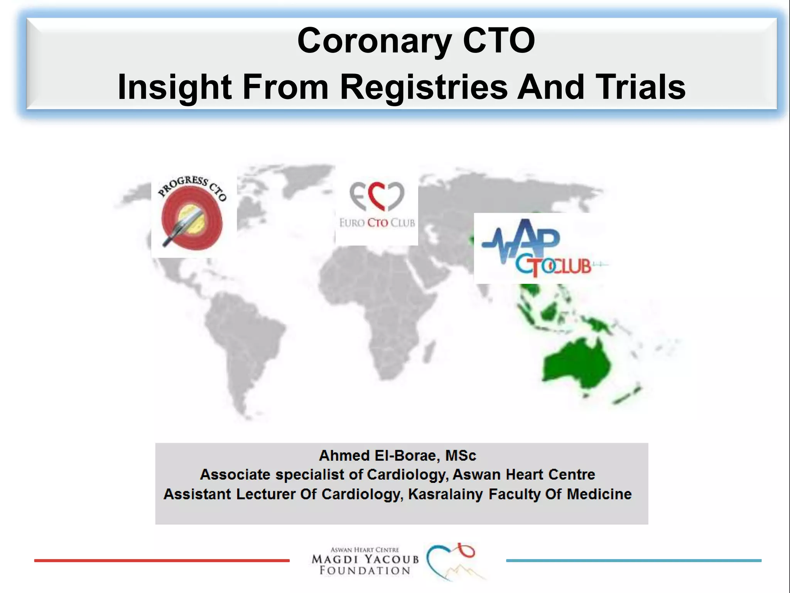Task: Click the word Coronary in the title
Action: point(374,41)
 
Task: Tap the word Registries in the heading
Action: point(423,87)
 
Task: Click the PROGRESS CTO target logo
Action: point(192,217)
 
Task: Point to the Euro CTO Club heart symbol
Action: point(376,196)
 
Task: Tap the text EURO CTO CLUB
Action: point(377,223)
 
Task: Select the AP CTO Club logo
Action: point(540,248)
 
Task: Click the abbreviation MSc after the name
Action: point(461,456)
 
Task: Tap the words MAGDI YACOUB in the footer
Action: point(365,559)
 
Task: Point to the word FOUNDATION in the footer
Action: point(365,571)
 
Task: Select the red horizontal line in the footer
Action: point(162,560)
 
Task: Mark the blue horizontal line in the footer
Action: point(633,560)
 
